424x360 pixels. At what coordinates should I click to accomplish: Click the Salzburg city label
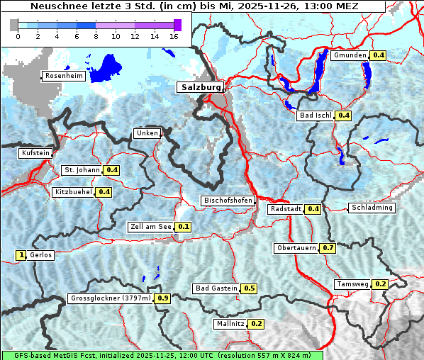coord(200,87)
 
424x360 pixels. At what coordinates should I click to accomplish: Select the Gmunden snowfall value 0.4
coord(379,55)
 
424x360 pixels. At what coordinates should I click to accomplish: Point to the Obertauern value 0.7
coord(328,248)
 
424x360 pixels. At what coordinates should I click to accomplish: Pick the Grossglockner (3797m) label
coord(111,298)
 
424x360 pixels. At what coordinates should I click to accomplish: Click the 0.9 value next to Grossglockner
coord(163,298)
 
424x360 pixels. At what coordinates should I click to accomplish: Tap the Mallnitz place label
coord(230,324)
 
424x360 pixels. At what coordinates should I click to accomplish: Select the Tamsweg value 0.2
coord(381,284)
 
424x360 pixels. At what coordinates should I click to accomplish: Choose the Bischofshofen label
coord(228,201)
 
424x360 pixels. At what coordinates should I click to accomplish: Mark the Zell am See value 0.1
coord(184,227)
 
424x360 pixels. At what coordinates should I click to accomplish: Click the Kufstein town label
coord(35,153)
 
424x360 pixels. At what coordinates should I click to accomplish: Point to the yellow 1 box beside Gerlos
coord(21,255)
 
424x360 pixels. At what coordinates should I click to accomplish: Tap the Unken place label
coord(147,133)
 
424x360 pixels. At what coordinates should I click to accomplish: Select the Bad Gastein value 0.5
coord(250,288)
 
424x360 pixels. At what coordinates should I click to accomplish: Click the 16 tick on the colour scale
coord(174,36)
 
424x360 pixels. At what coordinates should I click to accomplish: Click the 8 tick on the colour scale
coord(96,36)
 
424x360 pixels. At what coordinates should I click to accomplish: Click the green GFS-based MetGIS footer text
coord(162,355)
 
